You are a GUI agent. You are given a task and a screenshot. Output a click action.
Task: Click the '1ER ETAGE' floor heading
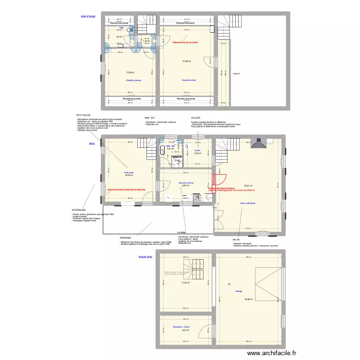(88, 17)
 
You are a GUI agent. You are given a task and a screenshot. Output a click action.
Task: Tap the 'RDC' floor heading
(92, 144)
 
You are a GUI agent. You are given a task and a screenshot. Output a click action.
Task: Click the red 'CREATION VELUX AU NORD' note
(185, 42)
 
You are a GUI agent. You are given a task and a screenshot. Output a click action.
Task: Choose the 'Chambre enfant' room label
(189, 80)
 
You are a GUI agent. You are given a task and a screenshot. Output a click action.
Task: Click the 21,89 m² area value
(187, 61)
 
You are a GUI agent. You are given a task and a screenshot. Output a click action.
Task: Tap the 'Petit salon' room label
(129, 173)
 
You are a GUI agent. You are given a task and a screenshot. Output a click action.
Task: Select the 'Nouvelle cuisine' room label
(186, 182)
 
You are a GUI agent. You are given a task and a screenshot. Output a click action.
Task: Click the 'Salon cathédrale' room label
(248, 203)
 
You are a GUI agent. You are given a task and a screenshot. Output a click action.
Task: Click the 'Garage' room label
(239, 291)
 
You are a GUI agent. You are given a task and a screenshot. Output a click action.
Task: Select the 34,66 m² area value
(248, 300)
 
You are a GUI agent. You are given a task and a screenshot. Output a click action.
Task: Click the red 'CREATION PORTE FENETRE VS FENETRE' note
(126, 190)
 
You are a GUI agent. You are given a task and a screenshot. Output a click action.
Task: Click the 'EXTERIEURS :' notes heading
(79, 210)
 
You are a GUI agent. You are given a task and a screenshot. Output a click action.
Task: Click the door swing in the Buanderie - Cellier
(206, 330)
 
